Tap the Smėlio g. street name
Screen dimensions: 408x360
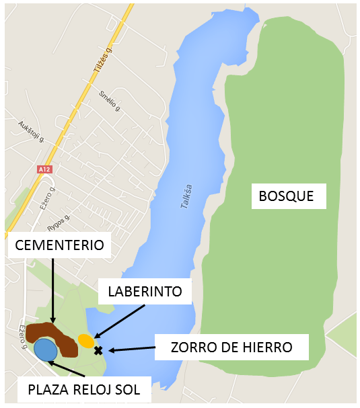click(109, 100)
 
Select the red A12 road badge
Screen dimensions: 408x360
click(44, 170)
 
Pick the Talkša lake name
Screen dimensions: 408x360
click(187, 196)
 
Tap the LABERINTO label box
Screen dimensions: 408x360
click(145, 292)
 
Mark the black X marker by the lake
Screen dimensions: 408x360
click(98, 350)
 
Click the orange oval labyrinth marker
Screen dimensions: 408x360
click(85, 340)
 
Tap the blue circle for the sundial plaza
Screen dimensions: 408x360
click(45, 350)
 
